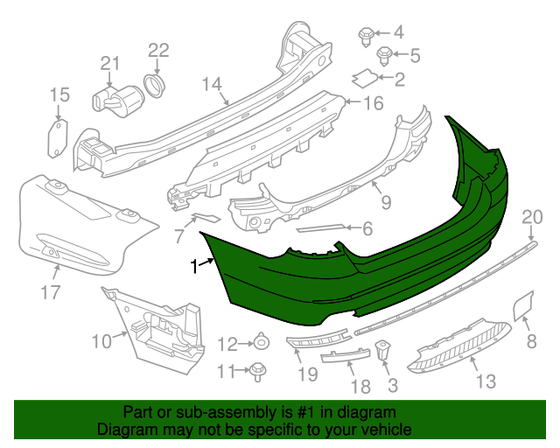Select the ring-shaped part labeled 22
click(155, 85)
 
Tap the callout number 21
click(108, 63)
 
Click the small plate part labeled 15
click(56, 139)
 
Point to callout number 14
click(212, 85)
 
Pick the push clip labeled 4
click(366, 34)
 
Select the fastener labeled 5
click(383, 56)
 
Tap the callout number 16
click(373, 104)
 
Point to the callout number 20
click(532, 217)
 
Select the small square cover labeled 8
click(520, 304)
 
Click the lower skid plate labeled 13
click(460, 342)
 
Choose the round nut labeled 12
click(261, 342)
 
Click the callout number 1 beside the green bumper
click(194, 268)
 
